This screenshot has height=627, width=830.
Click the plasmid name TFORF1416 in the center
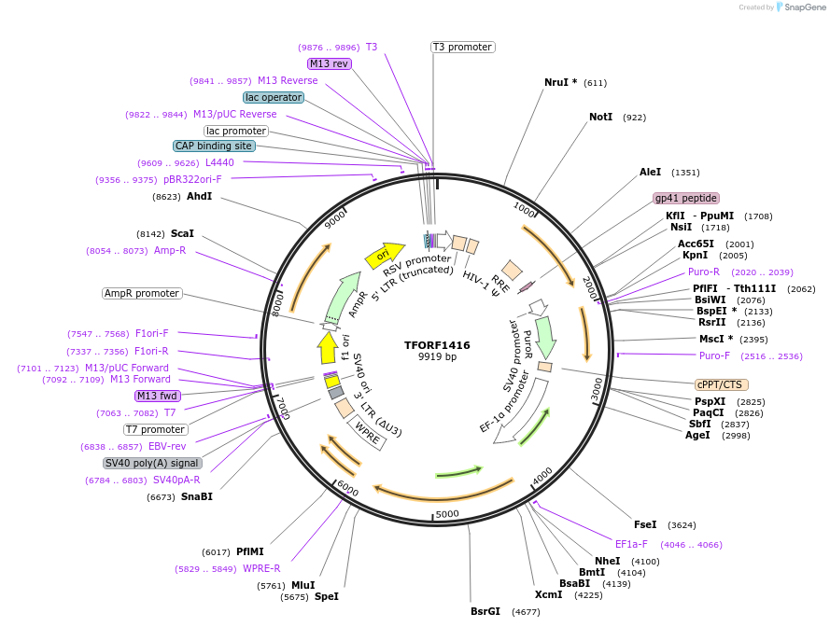click(437, 345)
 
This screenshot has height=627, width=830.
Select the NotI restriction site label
click(601, 118)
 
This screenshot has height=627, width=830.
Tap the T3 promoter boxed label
click(462, 47)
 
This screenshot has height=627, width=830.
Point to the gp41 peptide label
click(686, 198)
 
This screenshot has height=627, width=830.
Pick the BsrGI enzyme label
click(485, 612)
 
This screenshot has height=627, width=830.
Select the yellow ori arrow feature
click(384, 254)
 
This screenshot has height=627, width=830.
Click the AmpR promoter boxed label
click(142, 293)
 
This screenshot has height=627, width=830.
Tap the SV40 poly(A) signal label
click(152, 463)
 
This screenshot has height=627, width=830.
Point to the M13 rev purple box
click(329, 63)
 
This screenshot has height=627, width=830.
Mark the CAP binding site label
click(214, 146)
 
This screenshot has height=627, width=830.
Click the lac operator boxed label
click(273, 97)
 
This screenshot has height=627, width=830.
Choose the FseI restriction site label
click(645, 524)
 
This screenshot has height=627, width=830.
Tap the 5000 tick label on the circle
click(447, 514)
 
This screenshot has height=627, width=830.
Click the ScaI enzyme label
click(182, 233)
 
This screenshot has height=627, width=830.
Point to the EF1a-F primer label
click(631, 544)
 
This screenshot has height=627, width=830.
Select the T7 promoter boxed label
click(156, 429)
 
